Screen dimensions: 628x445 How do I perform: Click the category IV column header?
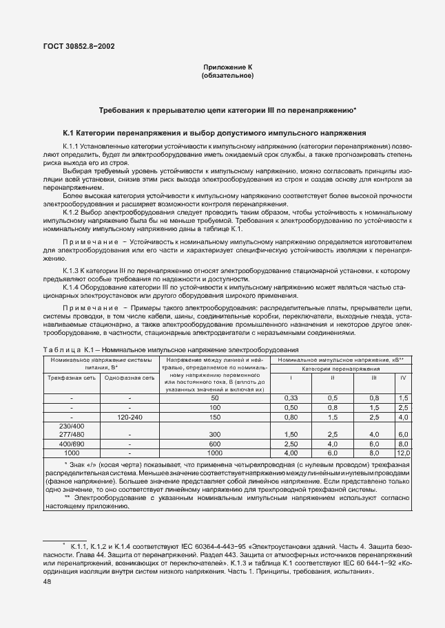(x=403, y=378)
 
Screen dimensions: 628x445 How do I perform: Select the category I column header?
(x=291, y=378)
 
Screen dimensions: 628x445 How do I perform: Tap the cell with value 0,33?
(x=291, y=398)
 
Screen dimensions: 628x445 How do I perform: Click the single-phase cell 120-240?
(x=130, y=417)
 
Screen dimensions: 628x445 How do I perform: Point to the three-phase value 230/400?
(x=72, y=426)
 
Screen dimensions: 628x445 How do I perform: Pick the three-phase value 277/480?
(x=72, y=435)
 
